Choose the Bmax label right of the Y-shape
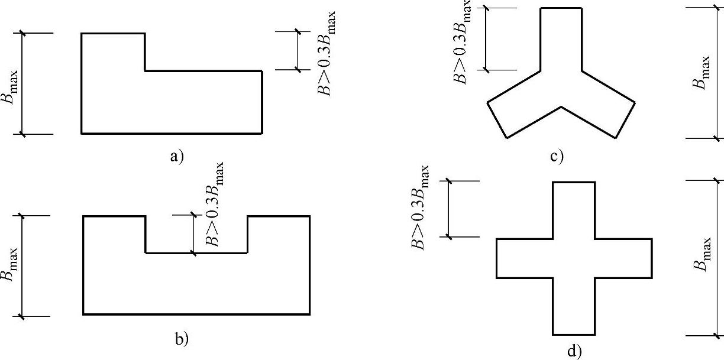pyautogui.click(x=702, y=72)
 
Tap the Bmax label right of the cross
pyautogui.click(x=702, y=255)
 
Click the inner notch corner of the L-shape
pyautogui.click(x=146, y=71)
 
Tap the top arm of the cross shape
pyautogui.click(x=573, y=210)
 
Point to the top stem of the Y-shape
pyautogui.click(x=561, y=38)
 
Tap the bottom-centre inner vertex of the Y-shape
pyautogui.click(x=561, y=107)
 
